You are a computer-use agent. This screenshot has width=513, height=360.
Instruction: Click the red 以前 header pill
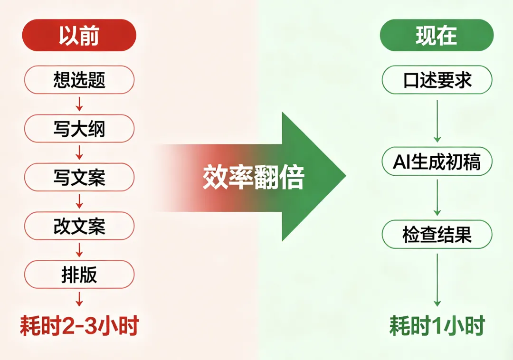tap(79, 35)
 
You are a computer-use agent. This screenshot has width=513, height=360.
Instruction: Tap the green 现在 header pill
tap(437, 35)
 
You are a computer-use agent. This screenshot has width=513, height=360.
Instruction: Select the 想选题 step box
tap(79, 79)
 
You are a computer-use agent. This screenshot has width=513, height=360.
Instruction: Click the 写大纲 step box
tap(79, 128)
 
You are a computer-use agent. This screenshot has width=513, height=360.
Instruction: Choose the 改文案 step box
tap(79, 226)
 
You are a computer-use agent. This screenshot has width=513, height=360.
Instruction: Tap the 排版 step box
tap(79, 274)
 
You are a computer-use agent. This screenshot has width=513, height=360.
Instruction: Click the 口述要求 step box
tap(437, 79)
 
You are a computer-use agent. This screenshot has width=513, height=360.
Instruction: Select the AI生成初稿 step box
tap(437, 162)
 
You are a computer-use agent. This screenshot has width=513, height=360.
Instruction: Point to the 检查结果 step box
tap(437, 234)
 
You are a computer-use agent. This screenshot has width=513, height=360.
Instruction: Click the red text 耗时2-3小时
tap(79, 326)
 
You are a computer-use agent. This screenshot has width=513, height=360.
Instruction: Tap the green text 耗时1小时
tap(437, 326)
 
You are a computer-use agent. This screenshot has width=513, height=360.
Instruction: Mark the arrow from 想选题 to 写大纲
tap(79, 104)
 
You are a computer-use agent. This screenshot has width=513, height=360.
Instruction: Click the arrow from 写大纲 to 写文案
tap(79, 152)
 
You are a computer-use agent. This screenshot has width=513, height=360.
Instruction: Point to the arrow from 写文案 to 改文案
tap(79, 201)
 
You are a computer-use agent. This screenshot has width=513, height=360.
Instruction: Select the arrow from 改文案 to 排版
tap(79, 250)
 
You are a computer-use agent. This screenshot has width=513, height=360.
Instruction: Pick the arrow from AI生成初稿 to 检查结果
tap(437, 198)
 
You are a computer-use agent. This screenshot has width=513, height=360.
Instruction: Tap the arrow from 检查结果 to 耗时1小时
tap(437, 279)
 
